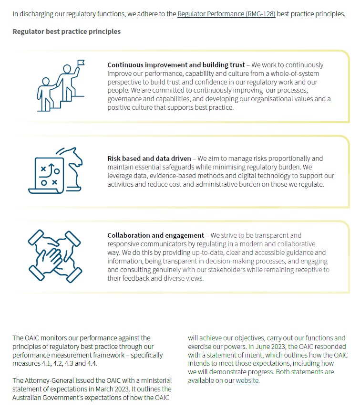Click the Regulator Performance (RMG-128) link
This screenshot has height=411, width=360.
click(x=226, y=14)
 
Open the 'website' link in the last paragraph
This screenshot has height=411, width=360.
click(x=247, y=380)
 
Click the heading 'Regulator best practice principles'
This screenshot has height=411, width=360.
click(x=66, y=32)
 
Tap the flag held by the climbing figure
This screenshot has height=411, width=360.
click(x=80, y=63)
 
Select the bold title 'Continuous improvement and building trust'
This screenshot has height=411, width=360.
click(x=176, y=65)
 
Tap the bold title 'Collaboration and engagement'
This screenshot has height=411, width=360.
click(x=155, y=235)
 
